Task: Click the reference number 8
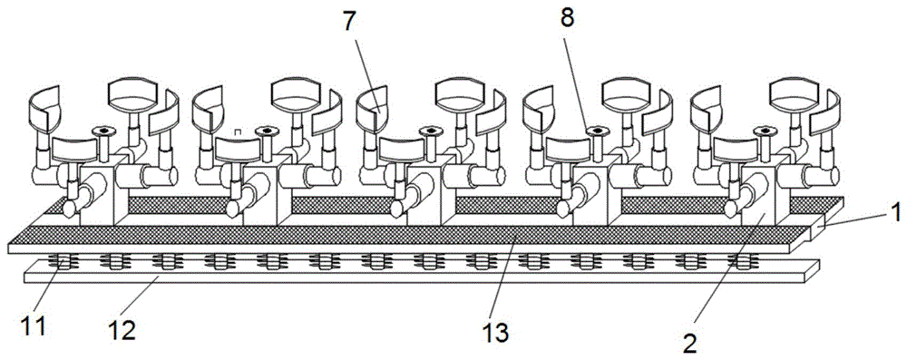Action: pyautogui.click(x=567, y=18)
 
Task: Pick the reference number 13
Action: pyautogui.click(x=496, y=332)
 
